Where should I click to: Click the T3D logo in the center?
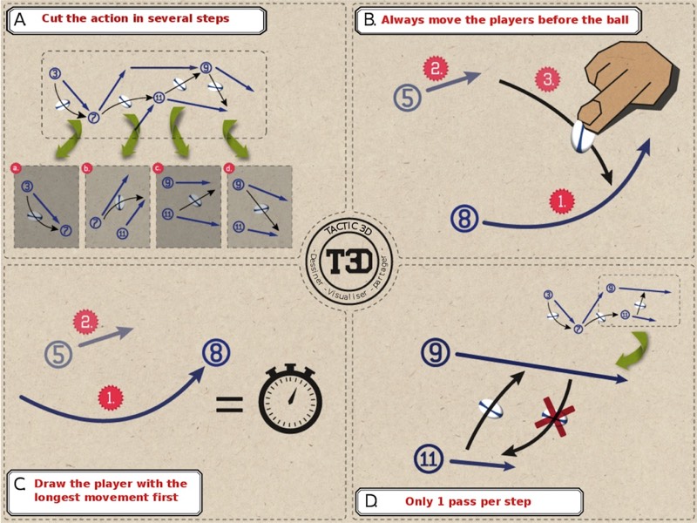(x=348, y=260)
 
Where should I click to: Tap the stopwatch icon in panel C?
(x=289, y=400)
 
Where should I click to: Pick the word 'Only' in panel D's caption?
(x=422, y=501)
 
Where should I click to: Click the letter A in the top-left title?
(x=20, y=19)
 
